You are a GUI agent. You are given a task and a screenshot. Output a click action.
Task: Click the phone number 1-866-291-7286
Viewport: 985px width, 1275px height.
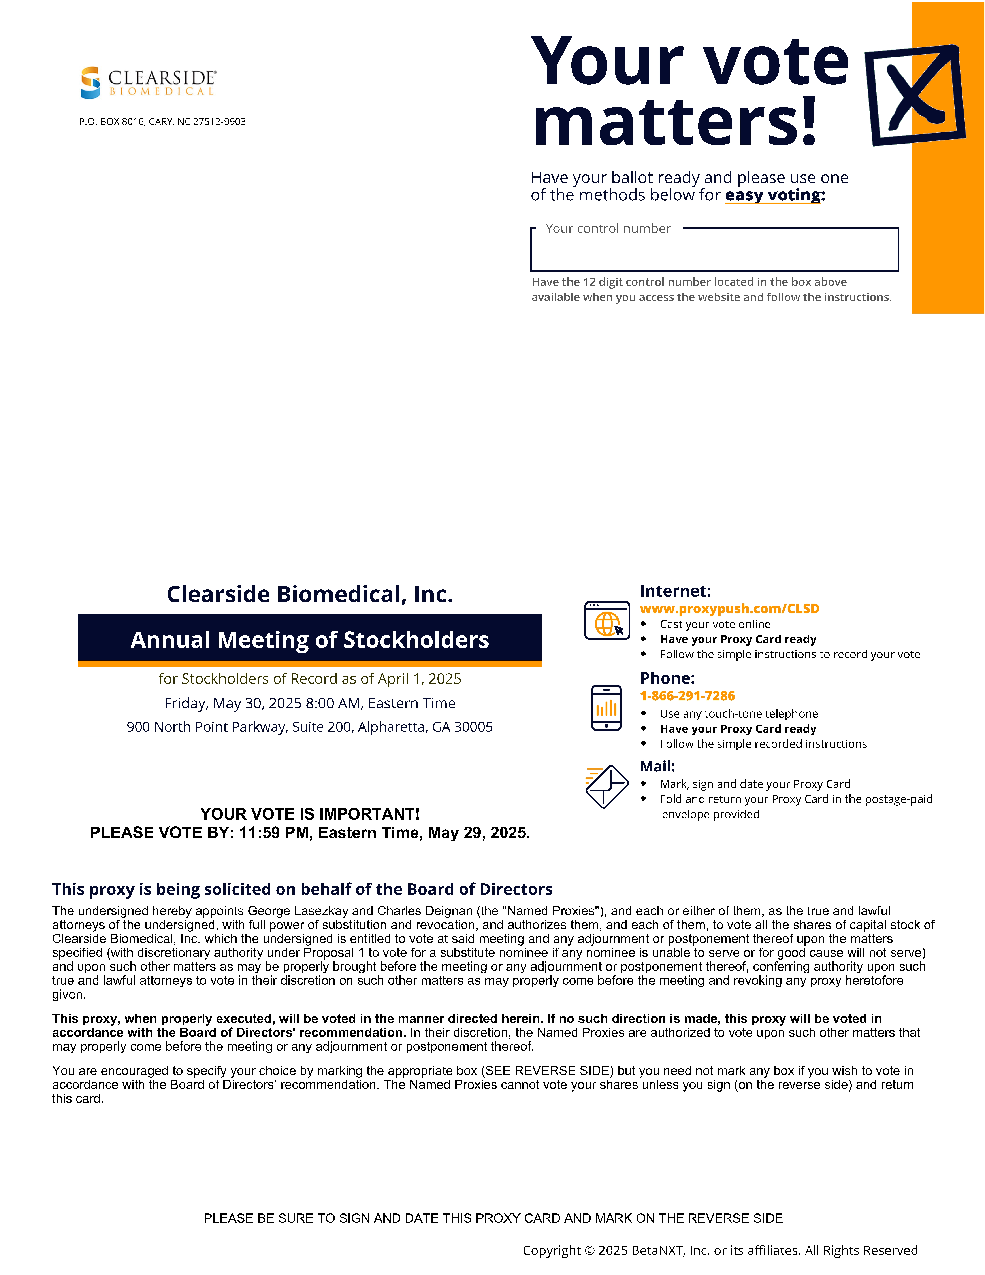pyautogui.click(x=687, y=696)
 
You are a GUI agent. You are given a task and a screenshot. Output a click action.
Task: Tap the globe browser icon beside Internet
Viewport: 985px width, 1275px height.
pyautogui.click(x=607, y=621)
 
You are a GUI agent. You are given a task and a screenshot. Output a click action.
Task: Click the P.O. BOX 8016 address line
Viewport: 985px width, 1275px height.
pyautogui.click(x=162, y=121)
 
